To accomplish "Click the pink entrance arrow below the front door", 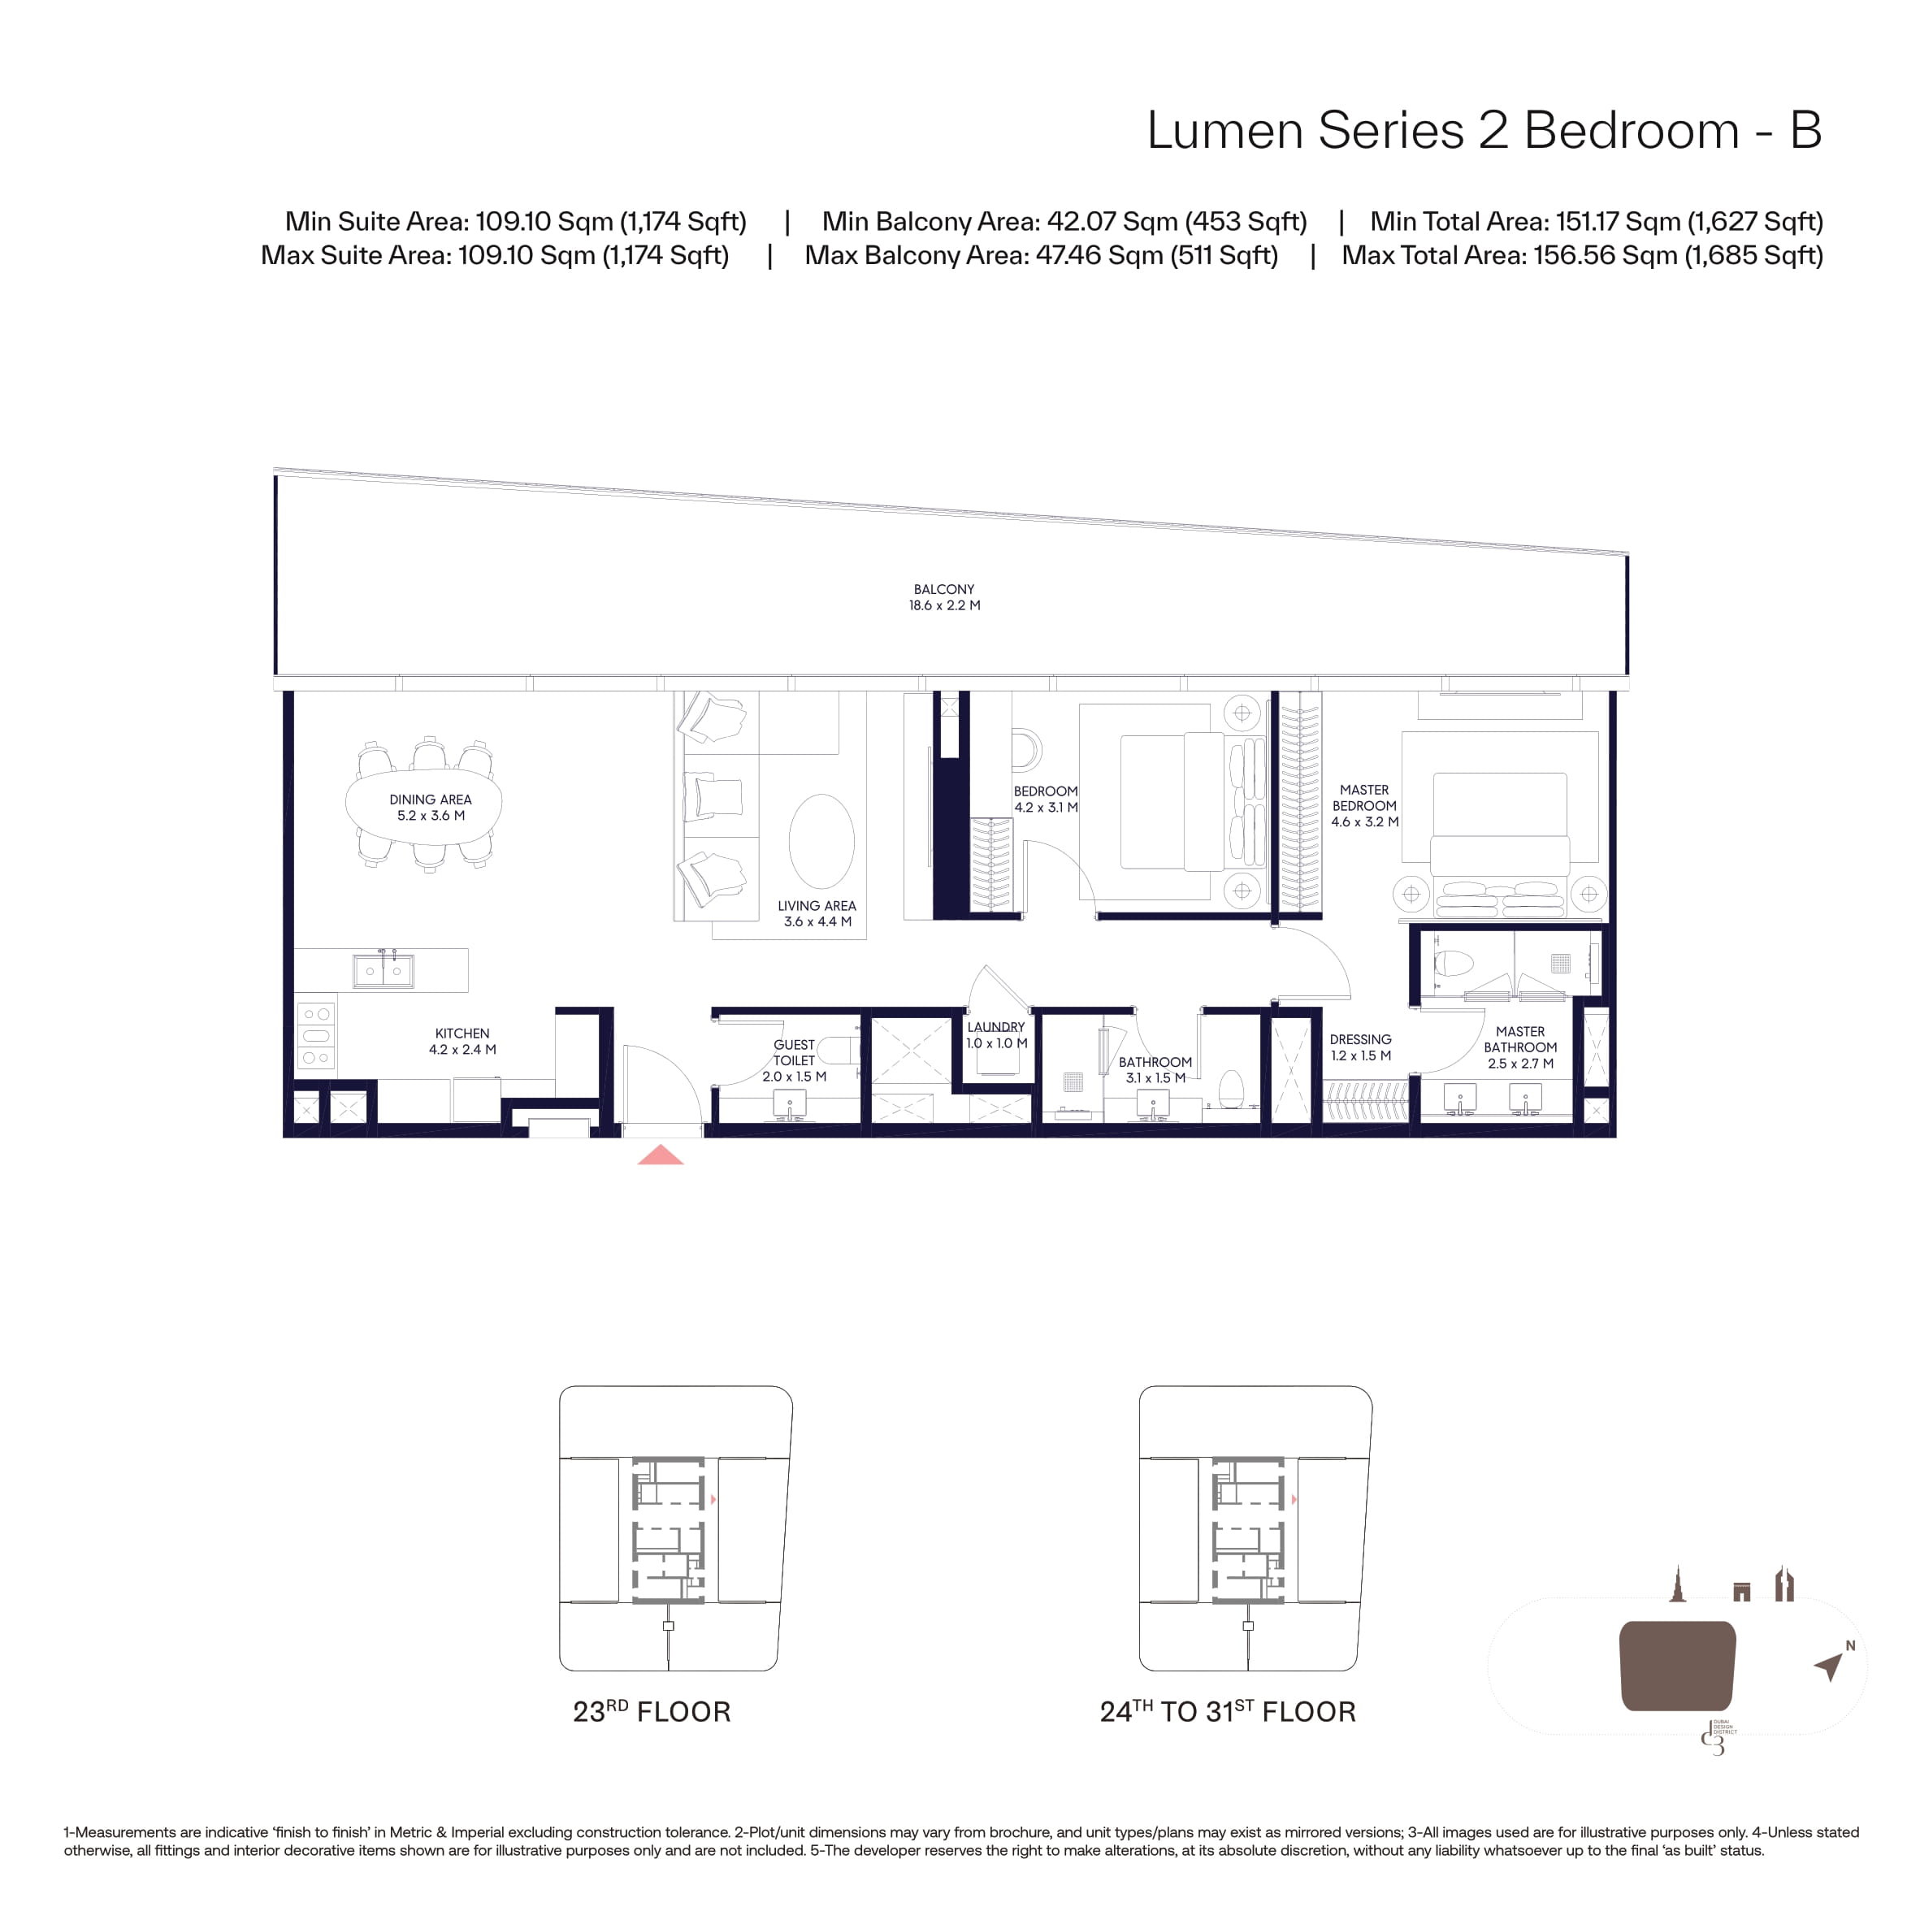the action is pyautogui.click(x=660, y=1155).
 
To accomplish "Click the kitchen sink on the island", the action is pyautogui.click(x=384, y=970).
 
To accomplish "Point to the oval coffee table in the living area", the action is pyautogui.click(x=821, y=841).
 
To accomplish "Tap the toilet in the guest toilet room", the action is pyautogui.click(x=841, y=1050).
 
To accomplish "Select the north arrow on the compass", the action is pyautogui.click(x=1828, y=1666).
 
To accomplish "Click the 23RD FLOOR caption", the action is pyautogui.click(x=652, y=1711).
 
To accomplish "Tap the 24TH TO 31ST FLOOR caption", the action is pyautogui.click(x=1228, y=1711).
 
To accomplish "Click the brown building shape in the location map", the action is pyautogui.click(x=1678, y=1666).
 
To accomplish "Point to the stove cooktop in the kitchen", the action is pyautogui.click(x=317, y=1035).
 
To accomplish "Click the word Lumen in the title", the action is pyautogui.click(x=1224, y=130).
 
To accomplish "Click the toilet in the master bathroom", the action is pyautogui.click(x=1456, y=962).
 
